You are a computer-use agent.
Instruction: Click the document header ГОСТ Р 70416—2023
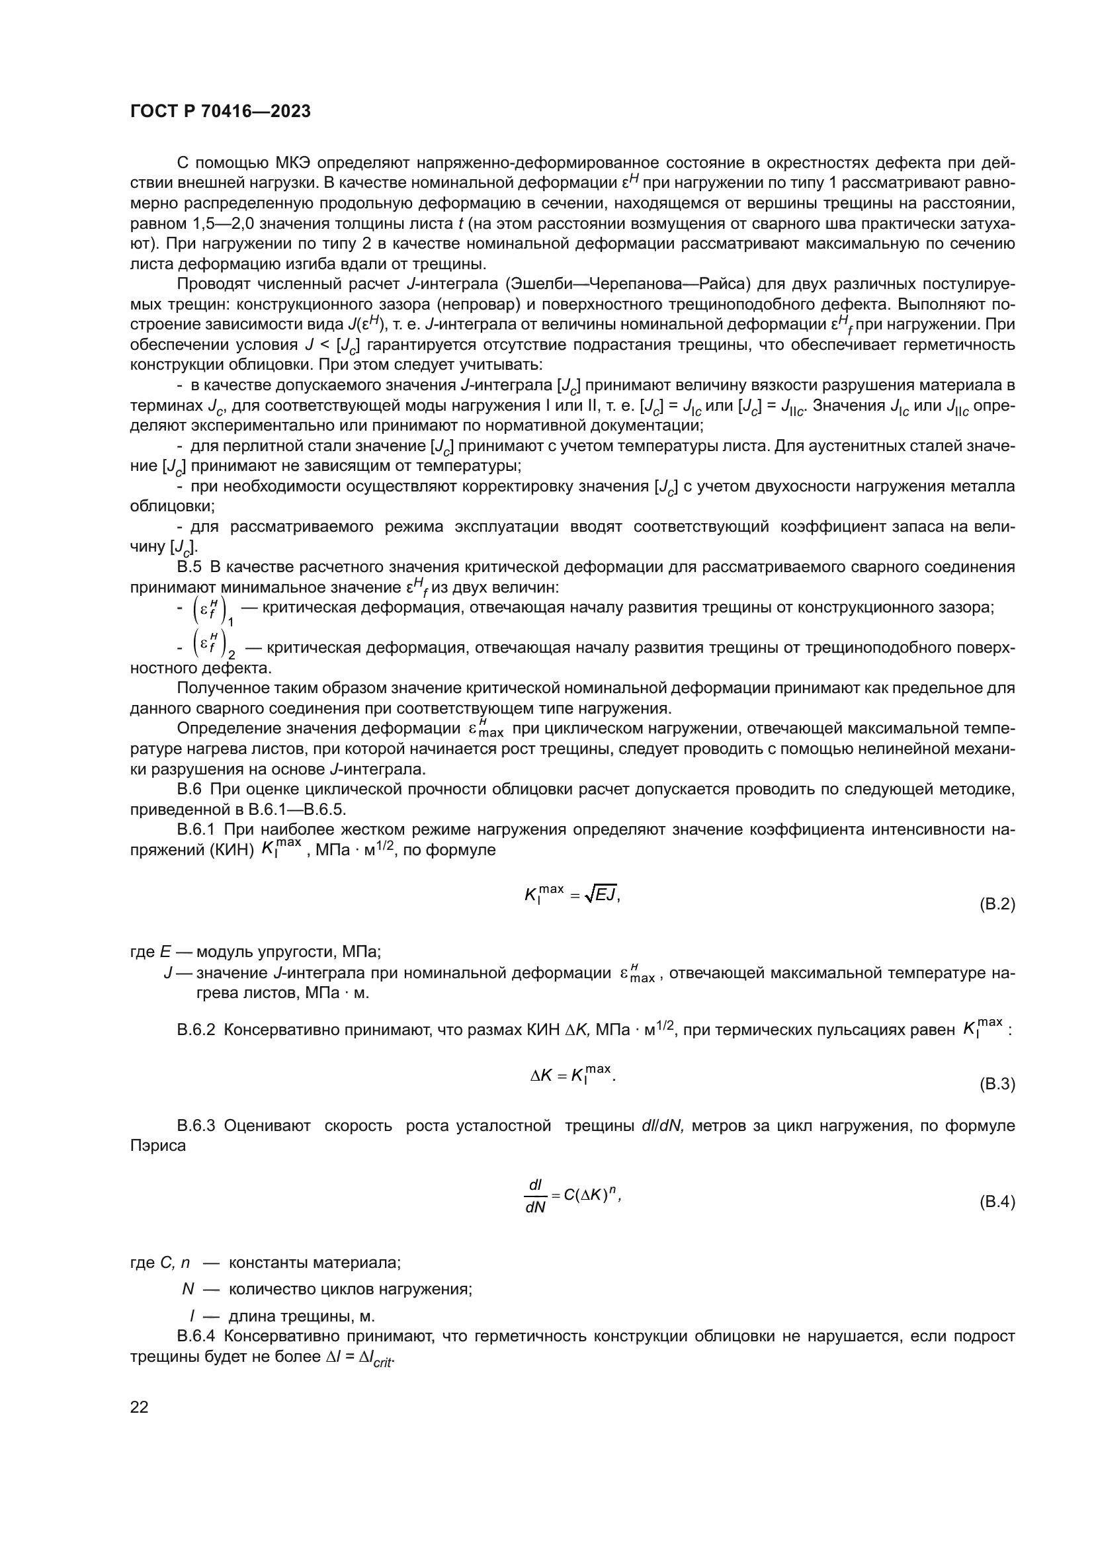[220, 112]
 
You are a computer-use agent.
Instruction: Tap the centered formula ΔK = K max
[573, 1075]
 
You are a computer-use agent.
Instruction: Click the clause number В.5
[189, 567]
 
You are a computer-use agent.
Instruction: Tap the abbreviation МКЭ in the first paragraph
[293, 163]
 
